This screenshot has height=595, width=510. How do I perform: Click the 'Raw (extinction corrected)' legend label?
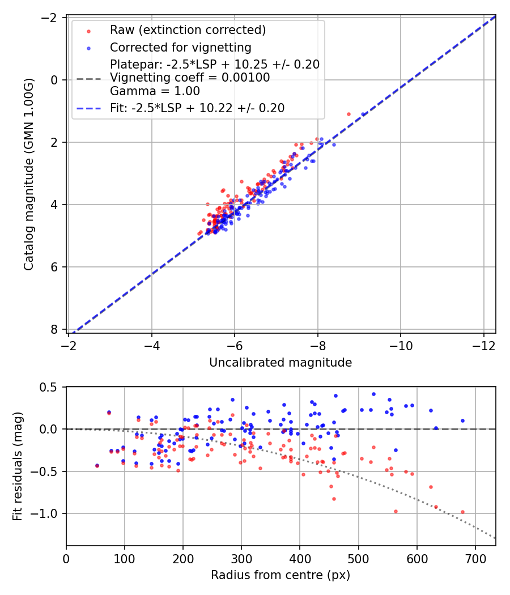188,30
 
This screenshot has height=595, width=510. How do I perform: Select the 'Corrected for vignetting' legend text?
180,47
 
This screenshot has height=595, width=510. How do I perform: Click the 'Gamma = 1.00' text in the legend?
155,91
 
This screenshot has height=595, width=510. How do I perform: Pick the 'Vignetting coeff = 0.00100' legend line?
190,78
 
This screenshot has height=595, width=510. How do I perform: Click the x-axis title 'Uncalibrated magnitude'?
280,363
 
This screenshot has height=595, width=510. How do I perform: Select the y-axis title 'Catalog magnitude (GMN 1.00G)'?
29,175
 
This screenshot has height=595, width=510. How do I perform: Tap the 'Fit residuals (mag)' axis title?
17,466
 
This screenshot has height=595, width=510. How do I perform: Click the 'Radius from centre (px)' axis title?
280,575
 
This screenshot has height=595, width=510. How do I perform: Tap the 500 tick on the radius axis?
359,558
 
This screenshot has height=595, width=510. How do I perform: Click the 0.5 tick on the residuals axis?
50,387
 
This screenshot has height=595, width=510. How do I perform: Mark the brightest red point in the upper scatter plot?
348,114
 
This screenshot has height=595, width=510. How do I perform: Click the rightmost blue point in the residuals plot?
462,420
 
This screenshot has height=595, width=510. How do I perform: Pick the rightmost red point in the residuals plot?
462,512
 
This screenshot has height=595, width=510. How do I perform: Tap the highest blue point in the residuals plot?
373,394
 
